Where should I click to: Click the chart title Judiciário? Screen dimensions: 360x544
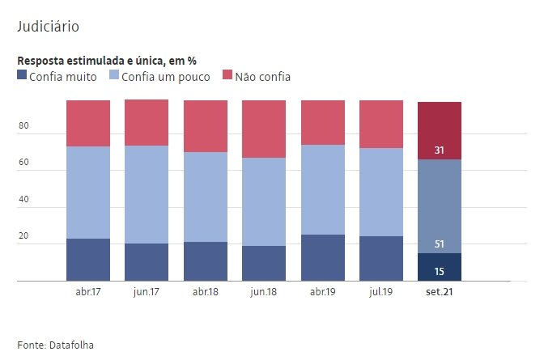click(x=48, y=27)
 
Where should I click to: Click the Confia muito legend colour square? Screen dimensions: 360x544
click(x=22, y=76)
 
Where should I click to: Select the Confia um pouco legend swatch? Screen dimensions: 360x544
click(x=114, y=76)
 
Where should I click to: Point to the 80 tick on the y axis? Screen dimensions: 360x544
click(x=23, y=126)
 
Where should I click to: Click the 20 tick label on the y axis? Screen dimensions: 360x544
click(x=23, y=236)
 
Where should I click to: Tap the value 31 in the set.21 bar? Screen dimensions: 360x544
click(x=439, y=150)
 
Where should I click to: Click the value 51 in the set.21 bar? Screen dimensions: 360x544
click(x=439, y=244)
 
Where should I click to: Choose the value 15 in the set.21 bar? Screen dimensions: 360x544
click(x=439, y=271)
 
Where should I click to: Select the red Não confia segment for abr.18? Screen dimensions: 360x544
click(x=205, y=126)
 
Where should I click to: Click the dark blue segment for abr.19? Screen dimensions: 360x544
click(x=322, y=258)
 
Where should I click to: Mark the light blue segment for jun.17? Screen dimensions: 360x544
click(x=147, y=194)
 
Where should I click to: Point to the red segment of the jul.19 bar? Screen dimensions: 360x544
click(x=380, y=125)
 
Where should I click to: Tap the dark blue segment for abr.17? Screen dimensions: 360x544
click(x=88, y=260)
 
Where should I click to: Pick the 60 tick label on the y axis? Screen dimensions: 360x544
click(x=23, y=163)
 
